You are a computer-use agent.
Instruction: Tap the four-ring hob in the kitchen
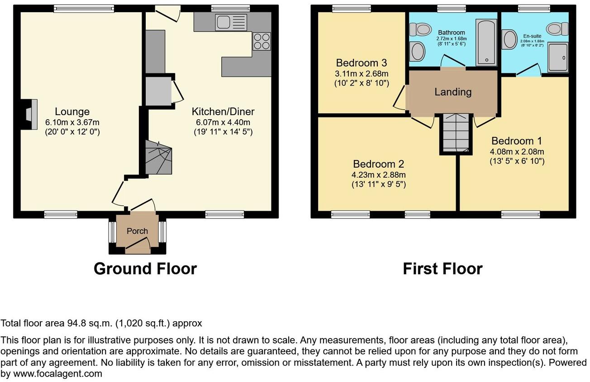coord(262,41)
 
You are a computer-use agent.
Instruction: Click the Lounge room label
coord(72,111)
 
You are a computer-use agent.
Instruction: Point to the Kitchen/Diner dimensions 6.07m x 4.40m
coord(223,122)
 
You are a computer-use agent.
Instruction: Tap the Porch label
coord(137,231)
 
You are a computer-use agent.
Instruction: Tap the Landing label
coord(453,92)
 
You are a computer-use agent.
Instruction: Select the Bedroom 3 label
coord(361,63)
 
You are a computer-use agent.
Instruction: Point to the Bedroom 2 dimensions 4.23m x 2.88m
coord(379,175)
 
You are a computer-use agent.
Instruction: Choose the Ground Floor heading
coord(145,269)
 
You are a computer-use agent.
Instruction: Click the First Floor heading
coord(442,269)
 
